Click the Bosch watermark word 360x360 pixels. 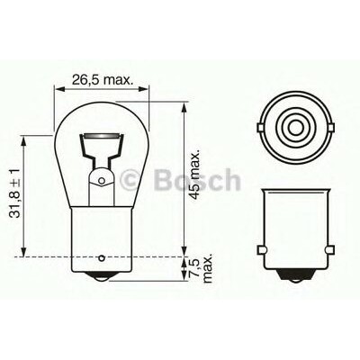202,179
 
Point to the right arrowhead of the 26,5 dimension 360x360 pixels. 143,90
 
